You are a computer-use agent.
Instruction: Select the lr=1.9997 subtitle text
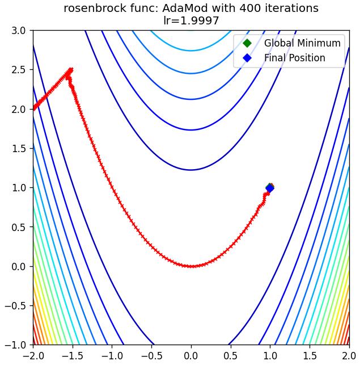coord(191,20)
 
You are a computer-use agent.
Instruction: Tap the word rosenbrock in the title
coord(96,9)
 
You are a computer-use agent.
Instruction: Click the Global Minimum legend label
coord(302,43)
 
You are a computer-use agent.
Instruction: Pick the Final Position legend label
coord(294,58)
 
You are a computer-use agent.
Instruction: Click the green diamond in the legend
coord(247,43)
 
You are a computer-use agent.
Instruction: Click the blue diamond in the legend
coord(247,58)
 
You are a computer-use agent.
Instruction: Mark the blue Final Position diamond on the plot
coord(270,188)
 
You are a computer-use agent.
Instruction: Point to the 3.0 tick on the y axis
coord(19,31)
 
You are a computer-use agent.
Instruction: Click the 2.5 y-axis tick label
coord(19,70)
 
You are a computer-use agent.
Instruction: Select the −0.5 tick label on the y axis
coord(15,305)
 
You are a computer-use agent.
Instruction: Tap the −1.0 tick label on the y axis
coord(15,345)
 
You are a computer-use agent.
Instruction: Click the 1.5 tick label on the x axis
coord(310,356)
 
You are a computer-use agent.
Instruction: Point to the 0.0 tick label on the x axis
coord(191,356)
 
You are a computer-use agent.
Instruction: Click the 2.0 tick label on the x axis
coord(349,356)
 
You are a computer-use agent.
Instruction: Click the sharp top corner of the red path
coord(71,69)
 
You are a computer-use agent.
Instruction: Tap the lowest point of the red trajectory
coord(191,266)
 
